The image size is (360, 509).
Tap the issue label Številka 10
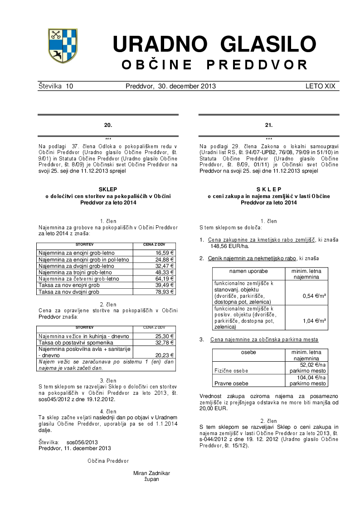[56, 86]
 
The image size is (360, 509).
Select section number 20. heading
[108, 125]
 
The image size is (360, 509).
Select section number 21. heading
[269, 125]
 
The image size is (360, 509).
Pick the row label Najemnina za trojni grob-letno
[75, 272]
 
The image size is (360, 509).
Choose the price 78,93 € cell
[165, 292]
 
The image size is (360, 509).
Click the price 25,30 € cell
[165, 336]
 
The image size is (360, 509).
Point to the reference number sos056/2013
[82, 442]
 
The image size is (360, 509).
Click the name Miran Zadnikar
[152, 473]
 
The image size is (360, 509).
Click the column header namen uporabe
[248, 271]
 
